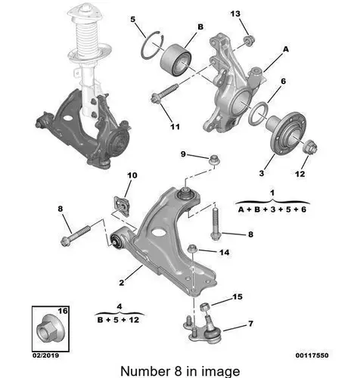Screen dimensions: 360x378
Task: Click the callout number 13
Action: click(x=235, y=14)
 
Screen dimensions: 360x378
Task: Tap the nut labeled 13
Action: click(x=249, y=41)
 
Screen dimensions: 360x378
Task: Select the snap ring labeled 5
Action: click(x=152, y=45)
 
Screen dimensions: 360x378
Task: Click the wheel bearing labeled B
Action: click(x=175, y=60)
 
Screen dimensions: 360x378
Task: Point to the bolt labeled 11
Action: click(x=165, y=93)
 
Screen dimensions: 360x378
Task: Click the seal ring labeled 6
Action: click(x=258, y=113)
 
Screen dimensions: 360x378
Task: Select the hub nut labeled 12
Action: click(x=310, y=147)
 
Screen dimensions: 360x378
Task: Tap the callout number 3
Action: click(x=262, y=173)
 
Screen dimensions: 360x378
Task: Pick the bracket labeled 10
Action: click(x=121, y=206)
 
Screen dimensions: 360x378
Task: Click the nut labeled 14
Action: click(x=192, y=249)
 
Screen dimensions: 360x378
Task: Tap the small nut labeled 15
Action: click(x=204, y=307)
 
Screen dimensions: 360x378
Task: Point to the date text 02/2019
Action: click(x=46, y=355)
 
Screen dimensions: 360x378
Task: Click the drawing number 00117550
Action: click(x=312, y=355)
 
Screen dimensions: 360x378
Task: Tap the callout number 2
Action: click(x=122, y=283)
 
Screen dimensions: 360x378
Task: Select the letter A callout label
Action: click(x=286, y=49)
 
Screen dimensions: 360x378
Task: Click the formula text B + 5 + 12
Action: click(x=118, y=320)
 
